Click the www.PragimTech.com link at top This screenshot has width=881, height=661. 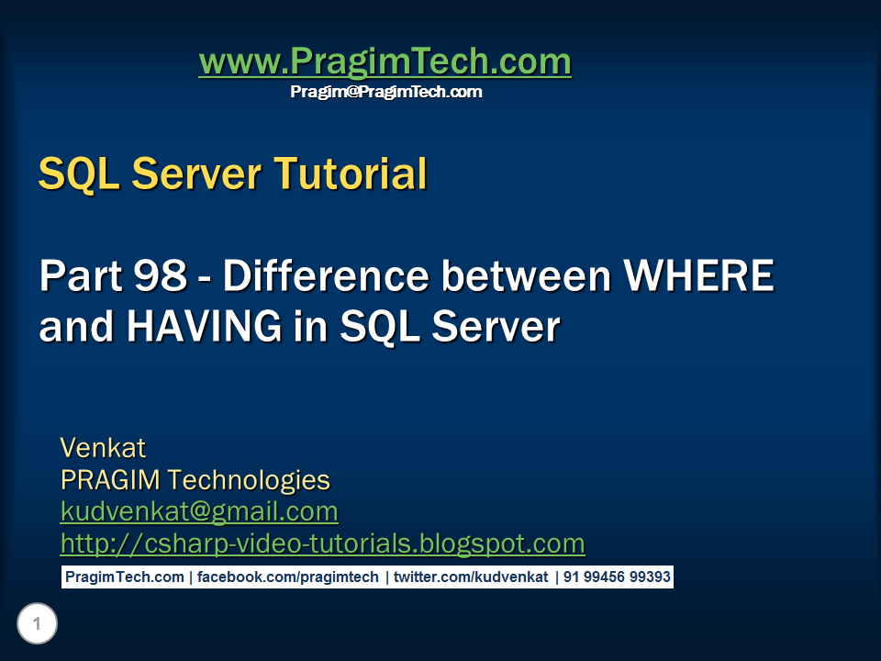click(385, 62)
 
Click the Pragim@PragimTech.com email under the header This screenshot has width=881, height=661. click(385, 92)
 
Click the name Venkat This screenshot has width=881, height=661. click(103, 448)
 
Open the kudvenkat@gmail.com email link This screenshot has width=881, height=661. click(199, 511)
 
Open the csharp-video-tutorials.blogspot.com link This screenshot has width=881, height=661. click(322, 543)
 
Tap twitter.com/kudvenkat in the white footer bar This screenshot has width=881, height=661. click(471, 577)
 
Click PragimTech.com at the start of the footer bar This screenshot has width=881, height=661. click(124, 577)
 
